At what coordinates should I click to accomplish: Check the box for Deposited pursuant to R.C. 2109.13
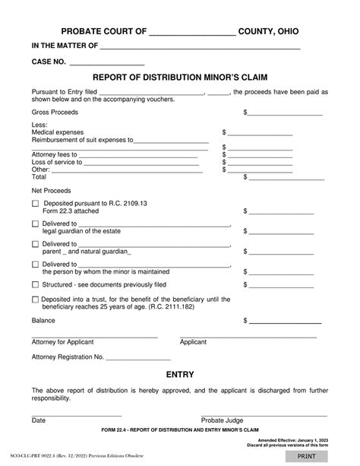(x=36, y=204)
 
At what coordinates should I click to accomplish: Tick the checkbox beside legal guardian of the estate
(x=36, y=224)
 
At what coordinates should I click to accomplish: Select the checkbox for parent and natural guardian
(x=36, y=244)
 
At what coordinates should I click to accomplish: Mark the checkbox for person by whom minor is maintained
(x=36, y=265)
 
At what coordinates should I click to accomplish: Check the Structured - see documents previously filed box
(x=36, y=284)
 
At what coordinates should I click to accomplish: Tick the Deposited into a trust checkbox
(x=36, y=300)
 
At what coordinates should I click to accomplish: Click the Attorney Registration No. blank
(x=137, y=357)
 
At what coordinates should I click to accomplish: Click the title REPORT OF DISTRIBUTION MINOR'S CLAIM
(x=180, y=77)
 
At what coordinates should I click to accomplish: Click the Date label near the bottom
(x=38, y=420)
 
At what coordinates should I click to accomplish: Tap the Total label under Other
(x=39, y=176)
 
